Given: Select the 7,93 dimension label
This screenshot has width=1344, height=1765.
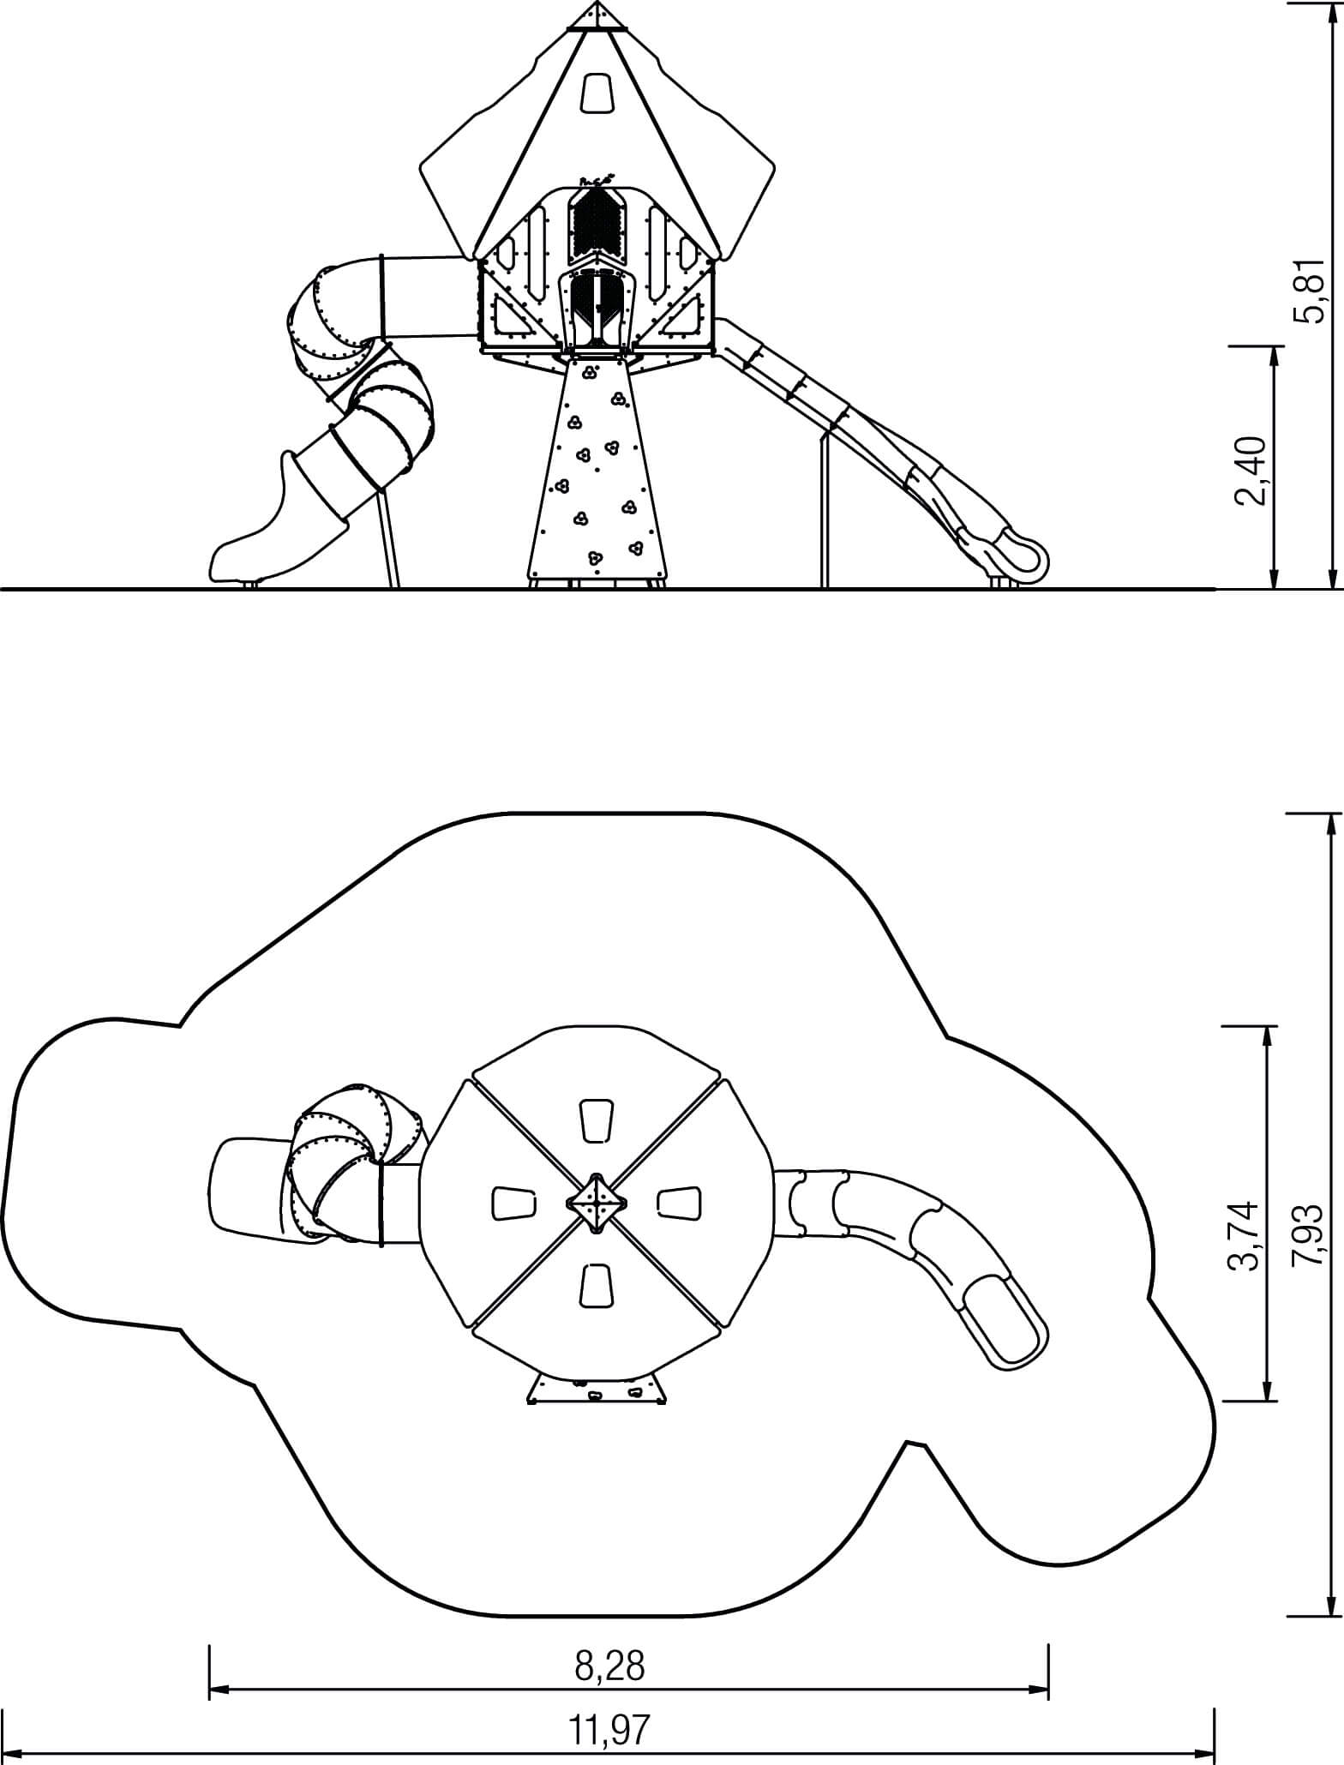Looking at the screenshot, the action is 1308,1235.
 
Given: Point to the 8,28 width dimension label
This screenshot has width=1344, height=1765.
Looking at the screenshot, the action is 610,1666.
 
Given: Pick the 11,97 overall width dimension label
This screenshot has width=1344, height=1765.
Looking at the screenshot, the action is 609,1731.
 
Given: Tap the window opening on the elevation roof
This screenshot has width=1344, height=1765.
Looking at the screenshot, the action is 597,93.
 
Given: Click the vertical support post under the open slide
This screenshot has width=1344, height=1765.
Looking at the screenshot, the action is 825,511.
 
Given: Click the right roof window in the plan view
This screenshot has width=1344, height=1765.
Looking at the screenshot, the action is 680,1202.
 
